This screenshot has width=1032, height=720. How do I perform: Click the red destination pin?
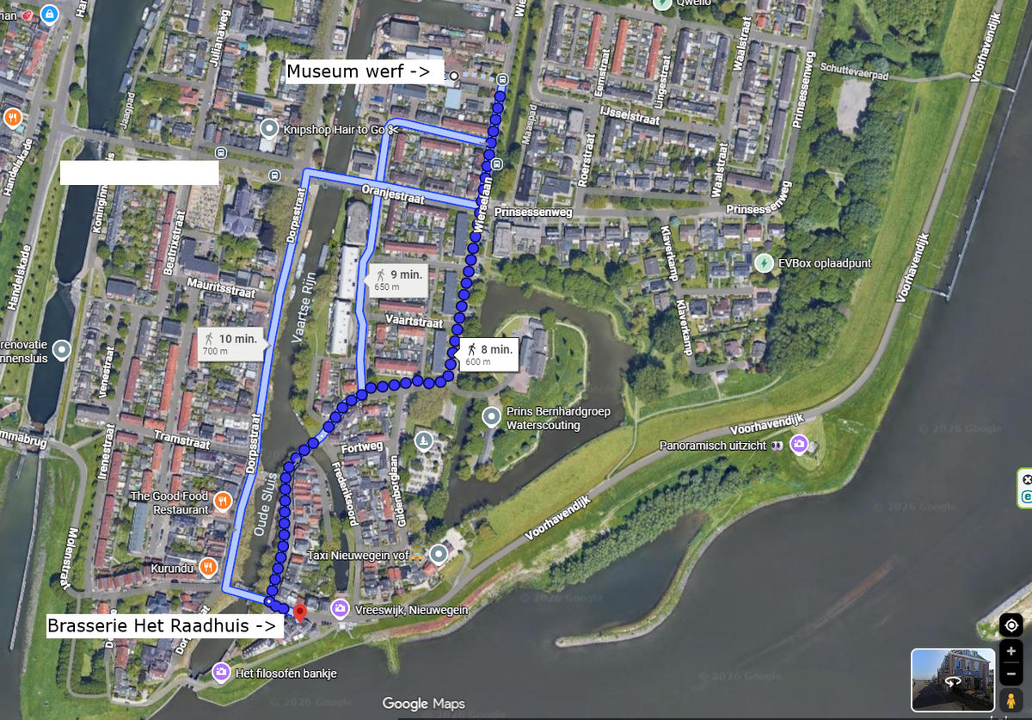(x=299, y=613)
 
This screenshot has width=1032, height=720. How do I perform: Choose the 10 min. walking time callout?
(x=230, y=345)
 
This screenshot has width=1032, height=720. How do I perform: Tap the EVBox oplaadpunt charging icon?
(x=764, y=262)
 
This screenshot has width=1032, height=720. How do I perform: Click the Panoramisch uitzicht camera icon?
(x=800, y=445)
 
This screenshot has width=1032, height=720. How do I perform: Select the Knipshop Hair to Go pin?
(x=269, y=129)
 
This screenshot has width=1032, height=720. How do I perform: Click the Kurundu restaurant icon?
(x=207, y=567)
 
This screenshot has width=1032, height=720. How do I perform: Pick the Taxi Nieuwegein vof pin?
(x=439, y=555)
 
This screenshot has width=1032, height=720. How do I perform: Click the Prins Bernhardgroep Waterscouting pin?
(x=491, y=418)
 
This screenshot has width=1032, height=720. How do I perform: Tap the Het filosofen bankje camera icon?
(x=221, y=672)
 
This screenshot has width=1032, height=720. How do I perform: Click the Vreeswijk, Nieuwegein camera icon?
(x=340, y=609)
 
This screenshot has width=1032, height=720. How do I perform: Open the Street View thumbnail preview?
(x=953, y=680)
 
